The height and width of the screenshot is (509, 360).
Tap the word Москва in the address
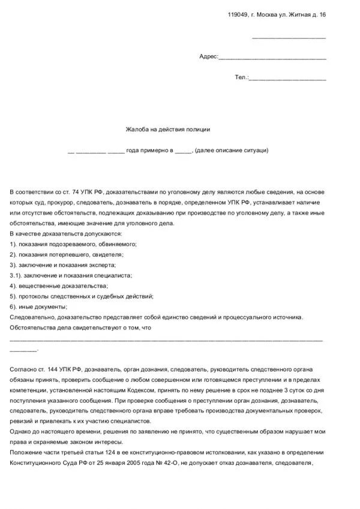click(268, 14)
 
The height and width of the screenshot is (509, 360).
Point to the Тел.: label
click(241, 77)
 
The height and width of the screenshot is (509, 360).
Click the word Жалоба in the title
click(136, 129)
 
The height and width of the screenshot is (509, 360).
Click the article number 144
click(53, 369)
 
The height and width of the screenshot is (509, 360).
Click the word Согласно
click(25, 369)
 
